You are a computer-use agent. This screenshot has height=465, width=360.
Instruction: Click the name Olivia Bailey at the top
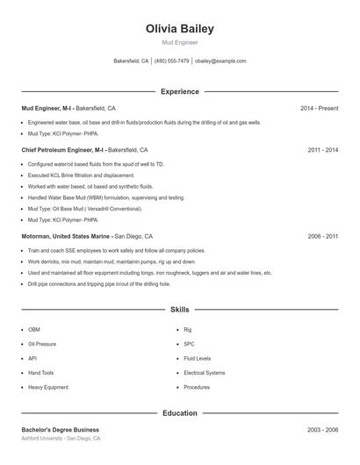[x=179, y=29]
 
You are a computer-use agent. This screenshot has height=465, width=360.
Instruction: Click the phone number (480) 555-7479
[x=171, y=61]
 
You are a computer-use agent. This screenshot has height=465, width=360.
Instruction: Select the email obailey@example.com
[x=220, y=61]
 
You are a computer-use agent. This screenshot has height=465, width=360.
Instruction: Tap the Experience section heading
[x=179, y=91]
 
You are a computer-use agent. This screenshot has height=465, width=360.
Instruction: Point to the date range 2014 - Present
[x=319, y=108]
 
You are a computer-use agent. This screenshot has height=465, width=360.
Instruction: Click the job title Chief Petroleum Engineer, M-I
[x=62, y=150]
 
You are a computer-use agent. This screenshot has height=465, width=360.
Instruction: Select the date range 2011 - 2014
[x=322, y=150]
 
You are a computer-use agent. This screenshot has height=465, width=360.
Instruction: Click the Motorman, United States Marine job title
[x=67, y=236]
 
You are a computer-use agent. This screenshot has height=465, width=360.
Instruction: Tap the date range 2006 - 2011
[x=322, y=236]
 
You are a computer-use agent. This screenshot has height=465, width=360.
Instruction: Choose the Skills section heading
[x=179, y=310]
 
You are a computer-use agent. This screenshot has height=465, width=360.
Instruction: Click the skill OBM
[x=34, y=330]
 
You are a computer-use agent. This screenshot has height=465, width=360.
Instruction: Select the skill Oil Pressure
[x=41, y=344]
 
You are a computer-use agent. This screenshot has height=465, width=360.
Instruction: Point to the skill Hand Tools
[x=40, y=373]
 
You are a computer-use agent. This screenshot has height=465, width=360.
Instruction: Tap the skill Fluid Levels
[x=198, y=358]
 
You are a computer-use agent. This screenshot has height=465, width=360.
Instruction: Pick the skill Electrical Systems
[x=205, y=373]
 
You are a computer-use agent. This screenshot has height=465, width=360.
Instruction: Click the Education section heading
[x=179, y=412]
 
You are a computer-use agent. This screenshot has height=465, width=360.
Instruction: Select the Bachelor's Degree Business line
[x=60, y=429]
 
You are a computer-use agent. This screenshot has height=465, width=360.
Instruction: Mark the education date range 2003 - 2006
[x=322, y=429]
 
